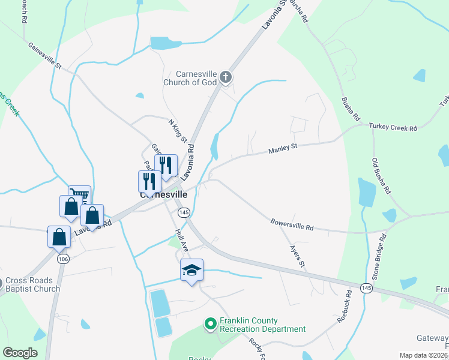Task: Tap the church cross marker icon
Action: click(226, 76)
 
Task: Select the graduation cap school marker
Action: click(192, 271)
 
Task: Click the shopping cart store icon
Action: click(79, 194)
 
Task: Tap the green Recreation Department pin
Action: click(210, 325)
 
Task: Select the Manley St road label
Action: click(283, 148)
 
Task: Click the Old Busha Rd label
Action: click(382, 176)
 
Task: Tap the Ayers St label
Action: click(298, 255)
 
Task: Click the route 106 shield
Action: click(63, 259)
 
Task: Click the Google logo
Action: click(20, 353)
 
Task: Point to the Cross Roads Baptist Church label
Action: click(34, 284)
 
